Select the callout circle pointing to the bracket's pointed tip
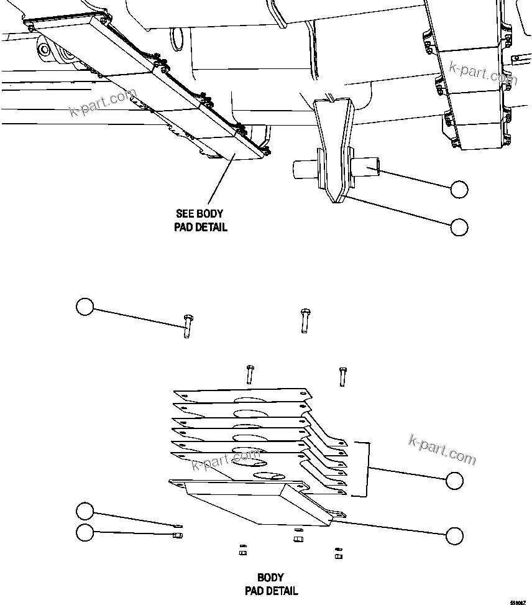click(459, 228)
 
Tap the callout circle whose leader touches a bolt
click(85, 307)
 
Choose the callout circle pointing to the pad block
click(454, 535)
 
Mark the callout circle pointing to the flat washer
click(85, 511)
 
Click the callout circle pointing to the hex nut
click(85, 532)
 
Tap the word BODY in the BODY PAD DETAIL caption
click(270, 578)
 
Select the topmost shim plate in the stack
click(242, 396)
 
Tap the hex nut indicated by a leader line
click(177, 534)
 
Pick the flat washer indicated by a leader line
click(177, 526)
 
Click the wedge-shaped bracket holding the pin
click(333, 149)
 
